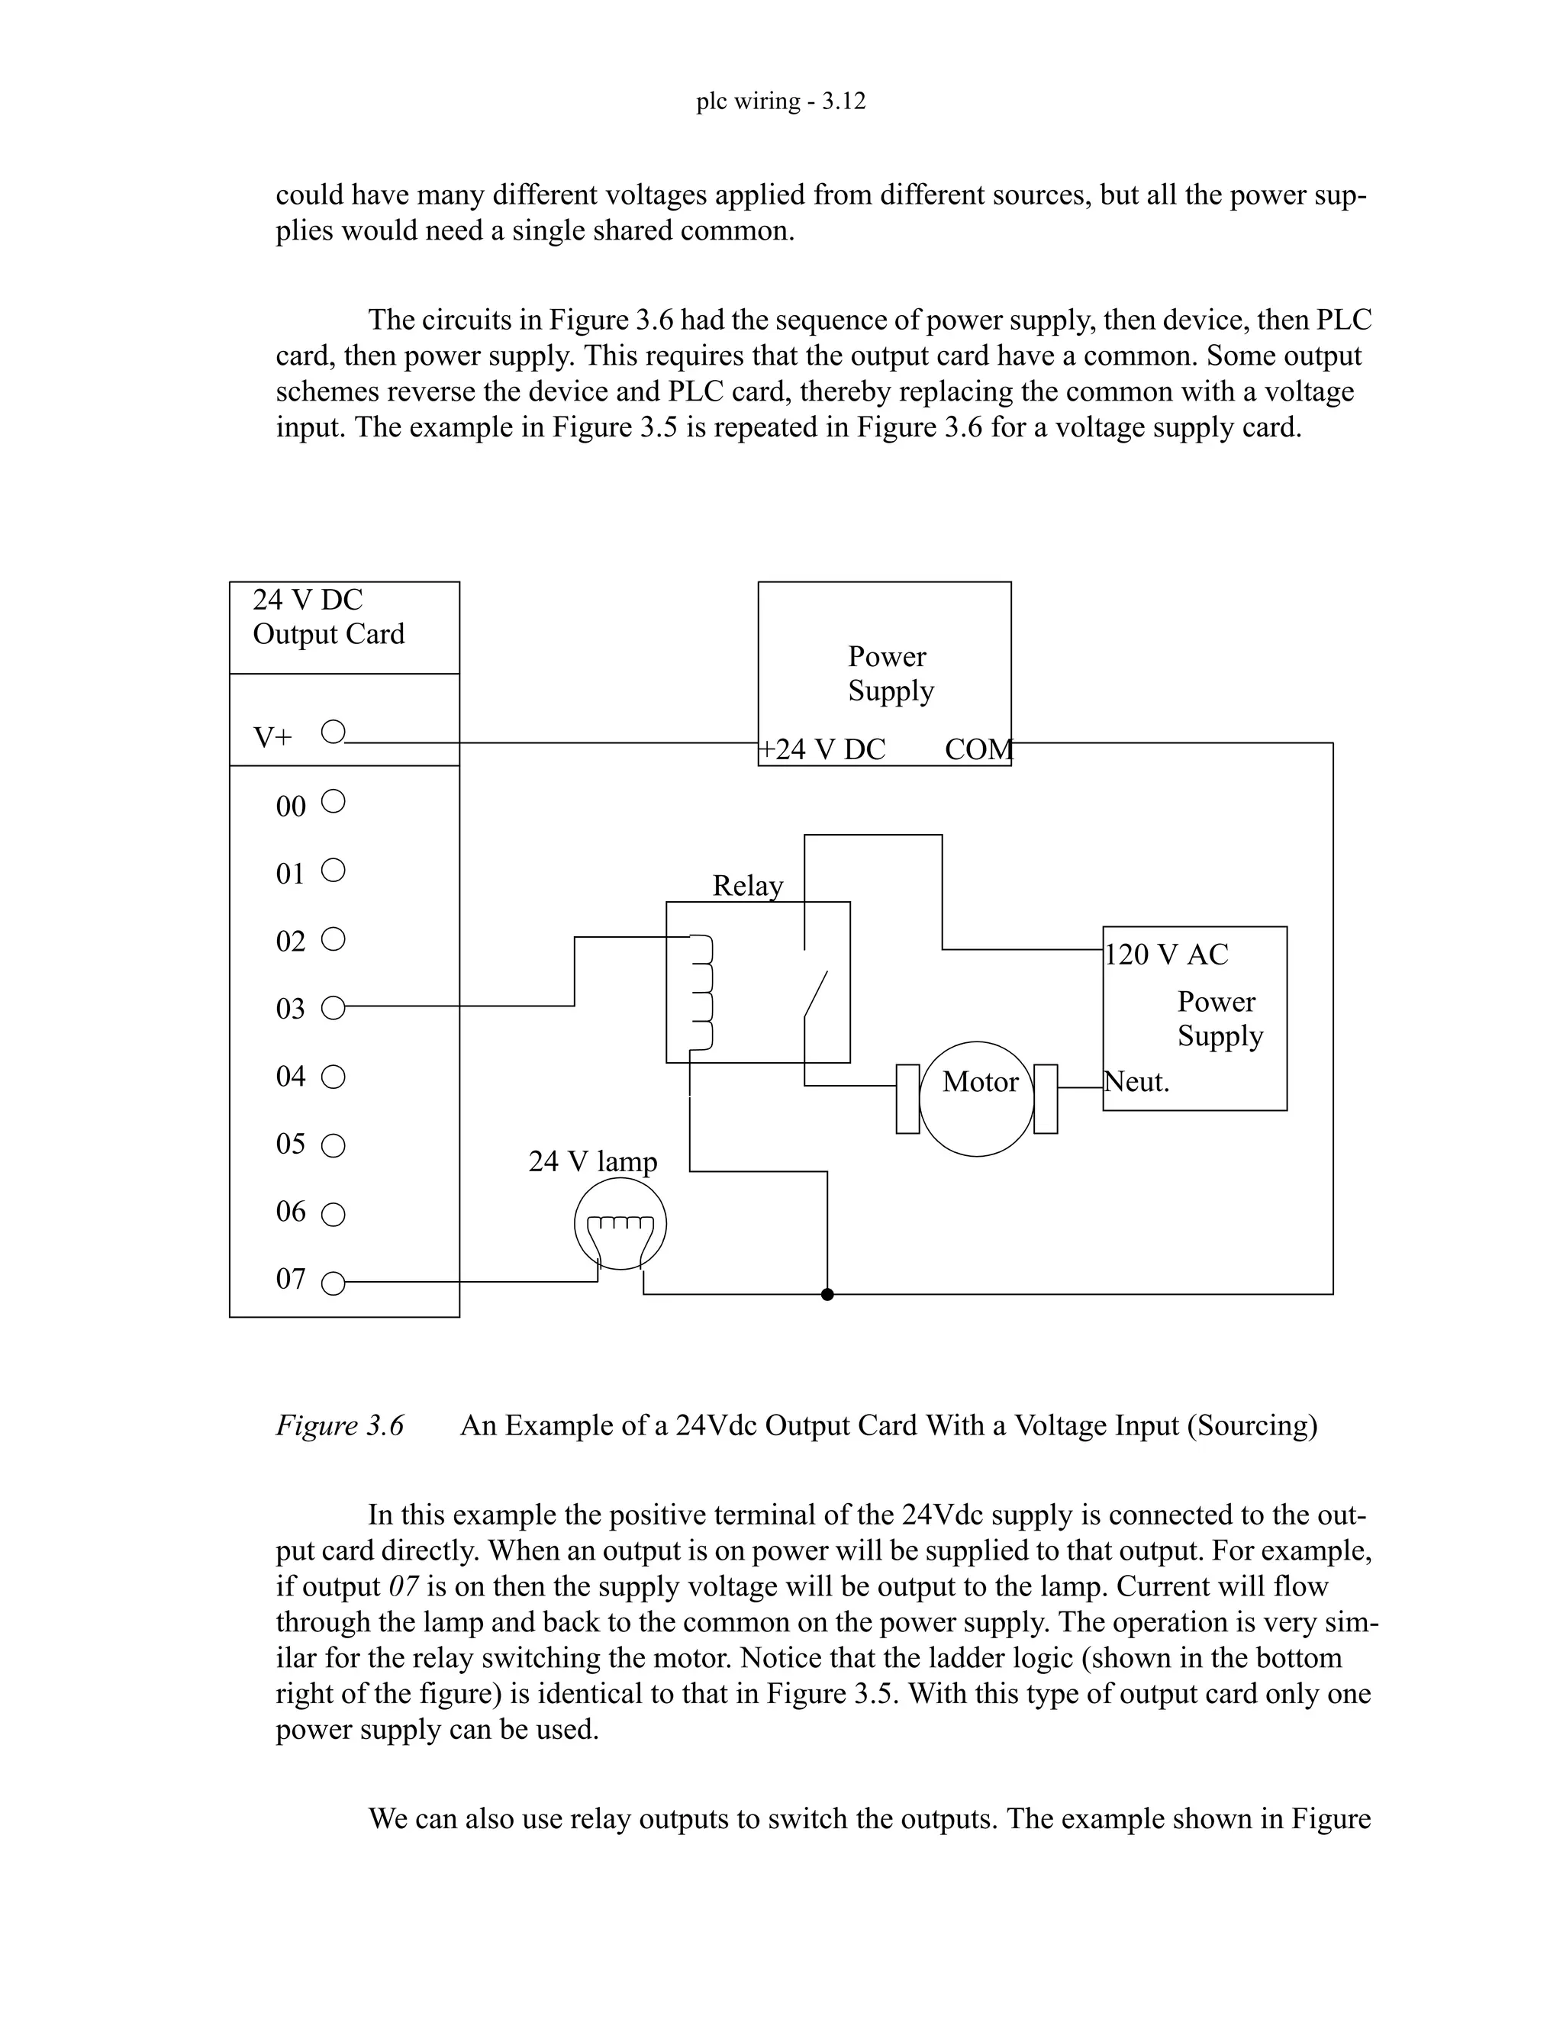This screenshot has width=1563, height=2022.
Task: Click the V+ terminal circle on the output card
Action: [333, 733]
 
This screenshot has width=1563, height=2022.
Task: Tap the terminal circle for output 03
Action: [333, 1008]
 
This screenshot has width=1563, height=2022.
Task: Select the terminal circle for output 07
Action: [333, 1283]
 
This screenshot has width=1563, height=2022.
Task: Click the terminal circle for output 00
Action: [333, 802]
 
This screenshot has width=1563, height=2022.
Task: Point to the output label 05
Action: [291, 1145]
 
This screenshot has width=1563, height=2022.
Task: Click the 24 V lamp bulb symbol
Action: [620, 1226]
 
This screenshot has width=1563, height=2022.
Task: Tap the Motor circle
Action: [977, 1098]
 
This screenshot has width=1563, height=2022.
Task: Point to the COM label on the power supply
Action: [978, 750]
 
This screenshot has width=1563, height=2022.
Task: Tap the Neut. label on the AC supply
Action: [1137, 1081]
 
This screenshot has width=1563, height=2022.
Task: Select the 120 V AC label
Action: [1167, 955]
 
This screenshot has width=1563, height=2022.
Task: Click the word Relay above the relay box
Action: [747, 886]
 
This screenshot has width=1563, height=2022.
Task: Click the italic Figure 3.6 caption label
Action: [340, 1426]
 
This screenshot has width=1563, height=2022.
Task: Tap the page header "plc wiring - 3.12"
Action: [781, 101]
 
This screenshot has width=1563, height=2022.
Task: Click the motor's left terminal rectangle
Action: [907, 1099]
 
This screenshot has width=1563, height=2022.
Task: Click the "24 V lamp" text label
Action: [592, 1161]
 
